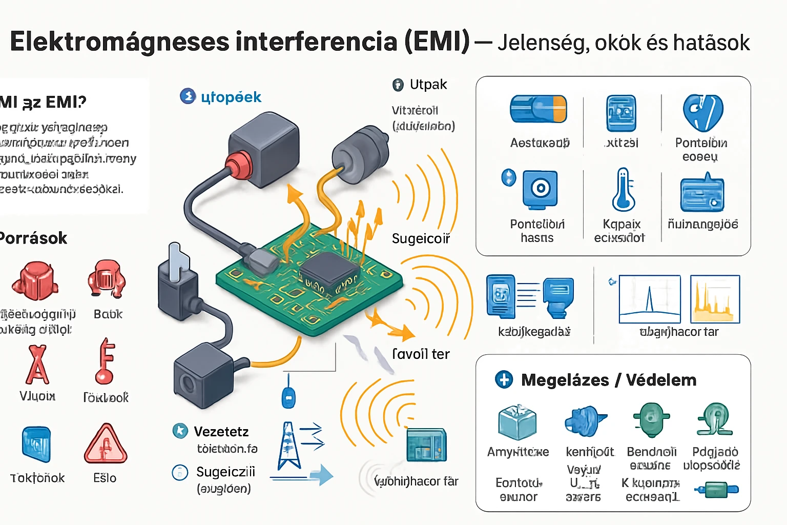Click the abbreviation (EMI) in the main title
[437, 42]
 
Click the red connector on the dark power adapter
[239, 163]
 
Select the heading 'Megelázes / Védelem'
[608, 380]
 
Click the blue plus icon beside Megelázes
[504, 379]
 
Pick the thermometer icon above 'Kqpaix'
[623, 190]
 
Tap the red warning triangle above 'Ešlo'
[106, 445]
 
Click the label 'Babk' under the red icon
[108, 314]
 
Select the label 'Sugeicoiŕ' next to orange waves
[421, 238]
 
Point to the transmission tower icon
[289, 446]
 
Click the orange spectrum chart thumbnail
[715, 299]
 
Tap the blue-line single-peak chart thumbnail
[649, 299]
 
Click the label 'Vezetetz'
[221, 432]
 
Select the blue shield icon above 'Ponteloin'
[702, 113]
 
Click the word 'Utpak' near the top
[428, 85]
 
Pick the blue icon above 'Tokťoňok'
[36, 444]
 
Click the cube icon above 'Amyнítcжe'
[517, 422]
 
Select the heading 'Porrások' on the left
[33, 238]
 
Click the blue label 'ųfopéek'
[231, 97]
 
